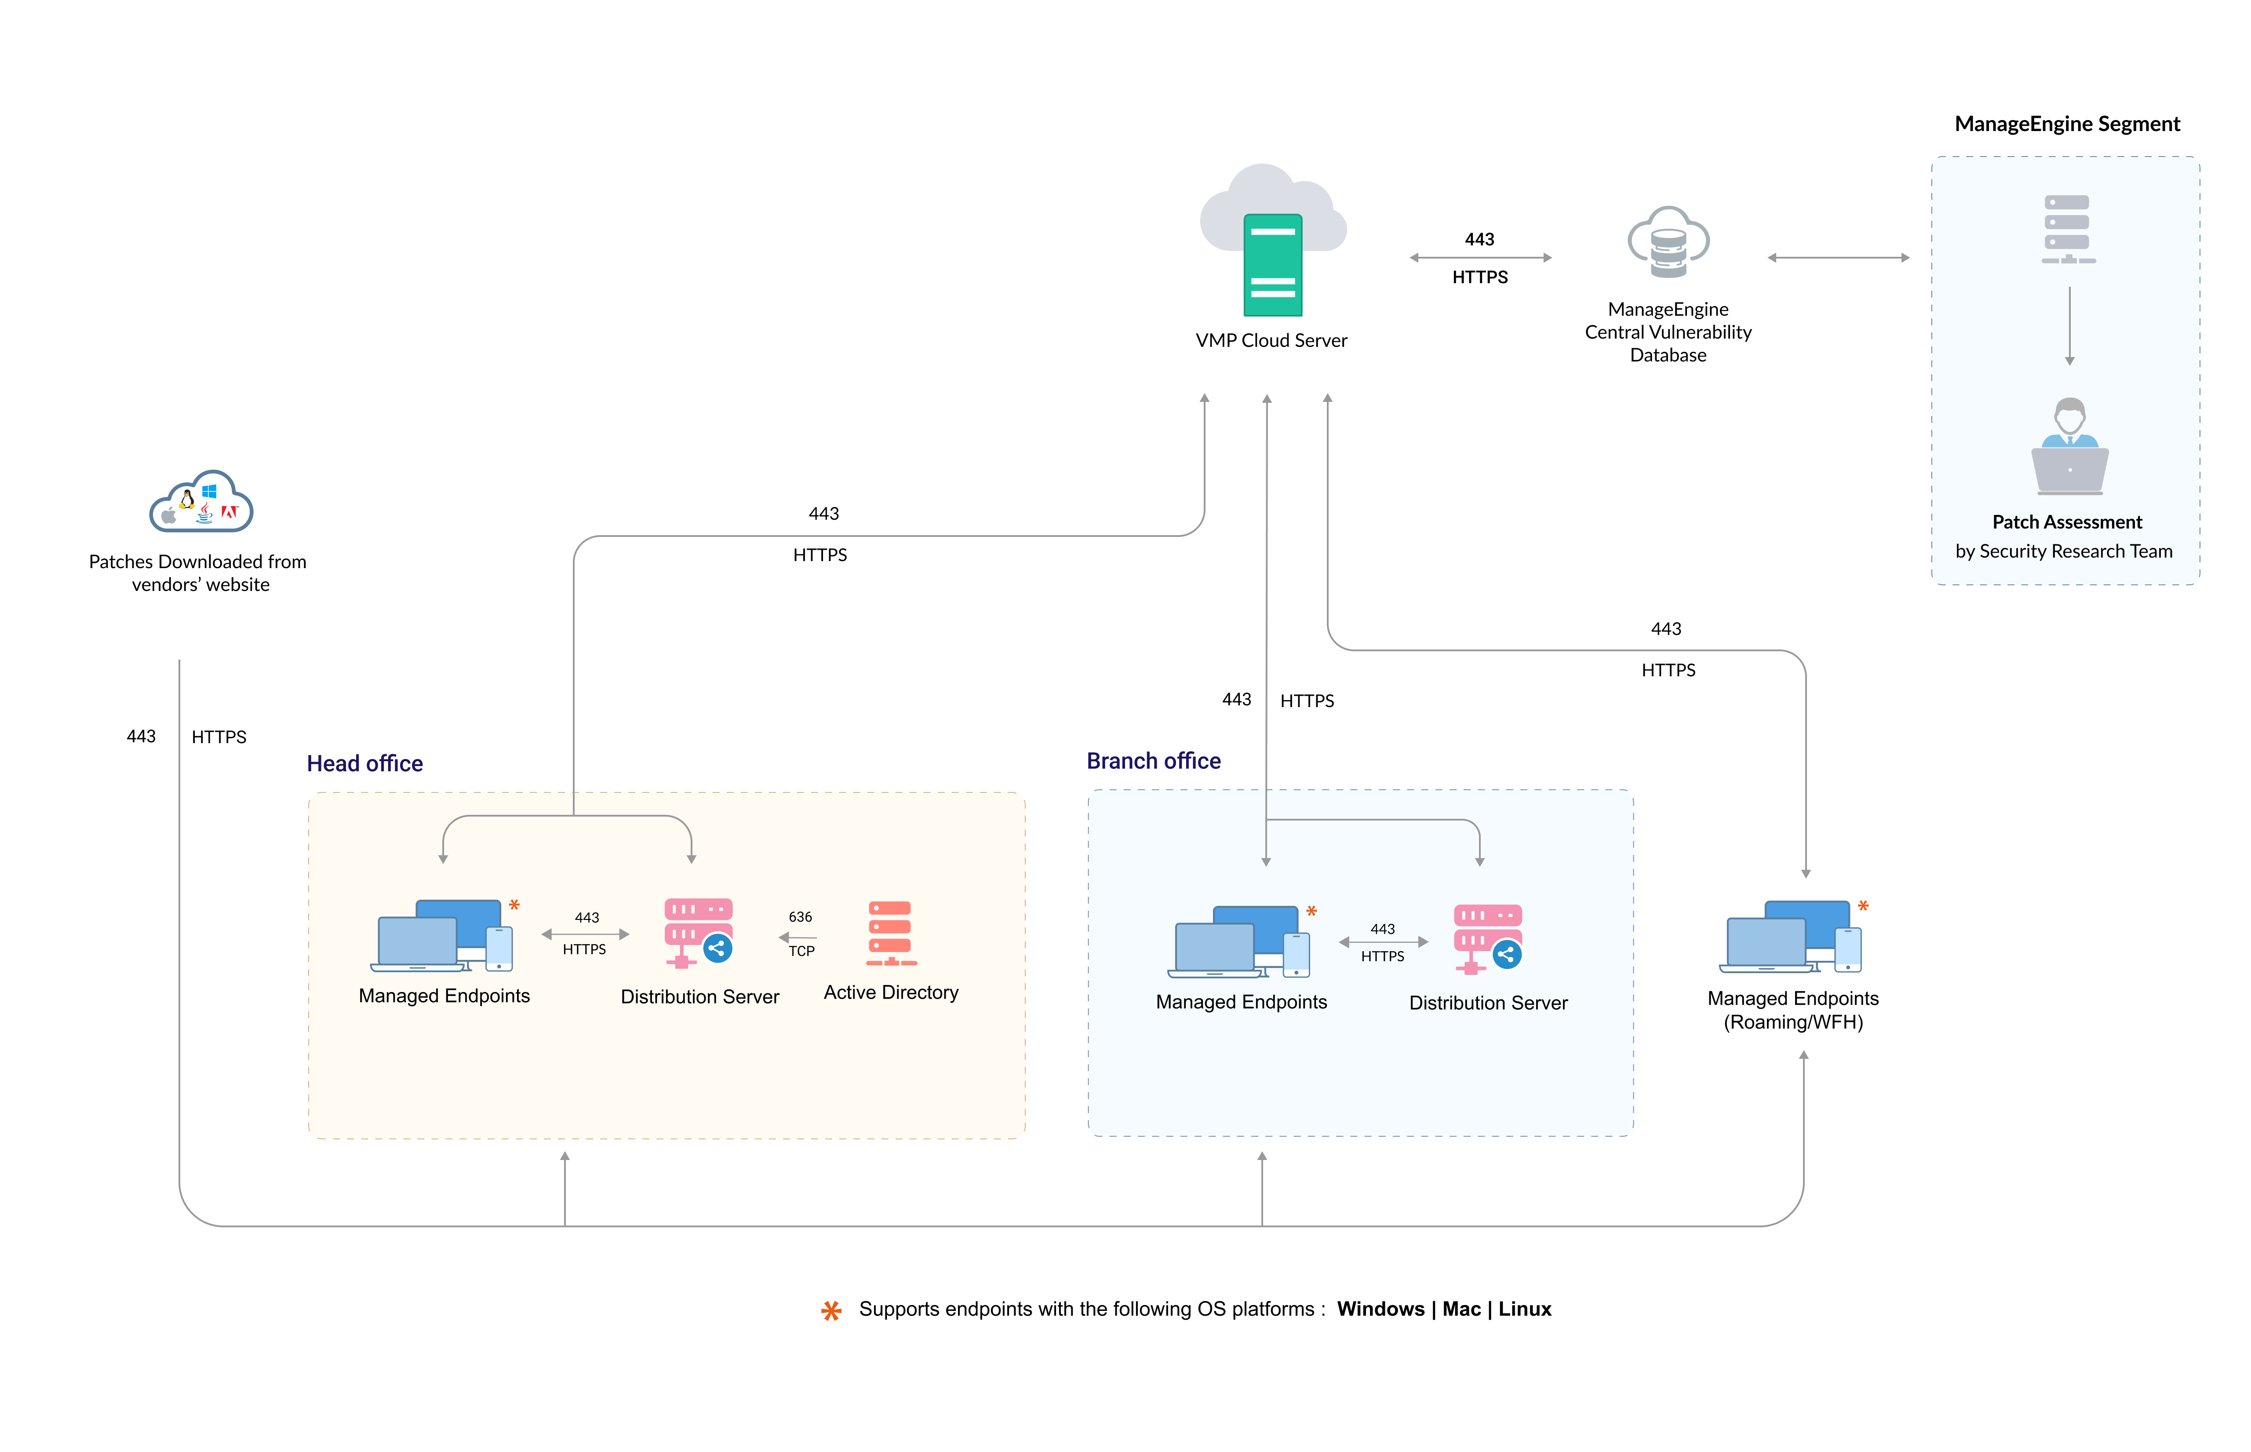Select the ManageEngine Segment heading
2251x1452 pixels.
[x=2066, y=124]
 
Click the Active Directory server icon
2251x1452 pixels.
[x=890, y=934]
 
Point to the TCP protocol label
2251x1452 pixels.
[x=801, y=950]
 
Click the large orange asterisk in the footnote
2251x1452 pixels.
[x=830, y=1310]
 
